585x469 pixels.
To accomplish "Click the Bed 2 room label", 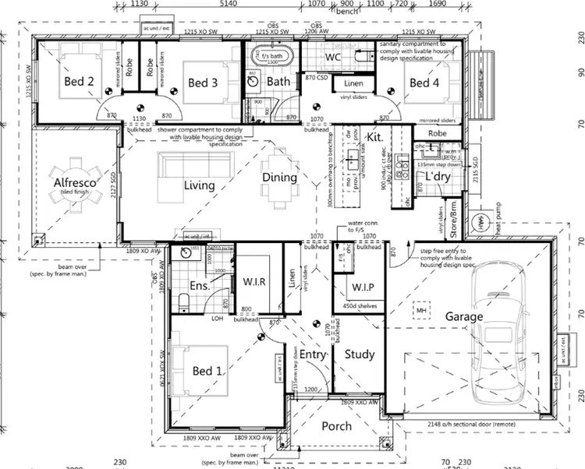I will coord(79,82).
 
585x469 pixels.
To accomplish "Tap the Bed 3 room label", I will coord(203,83).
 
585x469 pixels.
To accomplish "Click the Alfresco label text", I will coord(74,183).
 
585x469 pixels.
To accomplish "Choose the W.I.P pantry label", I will coord(359,287).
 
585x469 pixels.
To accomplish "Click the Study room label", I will coord(360,354).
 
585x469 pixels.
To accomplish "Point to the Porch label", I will coord(336,425).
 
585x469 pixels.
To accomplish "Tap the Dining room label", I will coord(279,177).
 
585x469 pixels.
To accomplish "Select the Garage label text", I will coord(464,317).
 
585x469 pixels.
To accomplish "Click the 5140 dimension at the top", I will coord(229,4).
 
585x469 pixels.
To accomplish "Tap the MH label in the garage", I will coord(422,311).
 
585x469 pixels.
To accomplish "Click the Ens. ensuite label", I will coord(199,285).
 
